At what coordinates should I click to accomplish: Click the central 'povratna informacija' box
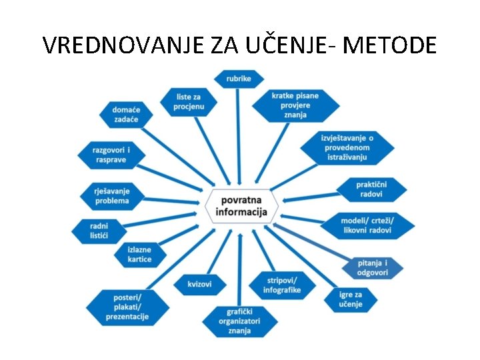pyautogui.click(x=241, y=206)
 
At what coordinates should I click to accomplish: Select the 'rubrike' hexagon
pyautogui.click(x=238, y=79)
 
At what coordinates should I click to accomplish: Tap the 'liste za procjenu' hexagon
pyautogui.click(x=189, y=101)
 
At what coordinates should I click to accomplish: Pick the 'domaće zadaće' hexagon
pyautogui.click(x=126, y=114)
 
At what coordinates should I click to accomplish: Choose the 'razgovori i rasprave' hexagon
pyautogui.click(x=111, y=154)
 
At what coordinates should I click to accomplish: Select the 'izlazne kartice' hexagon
pyautogui.click(x=140, y=254)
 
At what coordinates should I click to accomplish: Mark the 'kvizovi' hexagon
pyautogui.click(x=199, y=285)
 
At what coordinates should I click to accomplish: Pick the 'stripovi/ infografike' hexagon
pyautogui.click(x=281, y=285)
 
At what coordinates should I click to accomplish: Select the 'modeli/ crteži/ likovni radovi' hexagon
pyautogui.click(x=367, y=225)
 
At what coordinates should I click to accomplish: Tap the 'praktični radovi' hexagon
pyautogui.click(x=371, y=189)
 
